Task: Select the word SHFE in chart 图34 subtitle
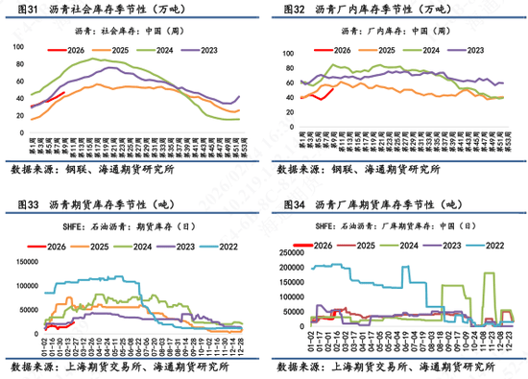[x=285, y=227]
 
